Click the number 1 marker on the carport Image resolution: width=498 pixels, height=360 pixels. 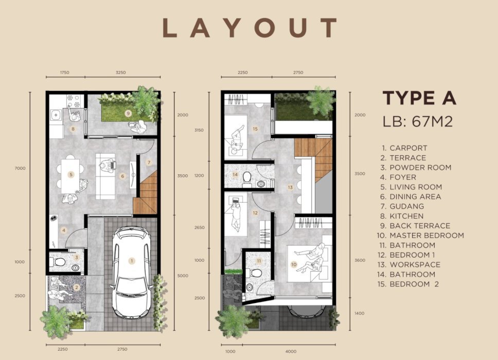tap(132, 261)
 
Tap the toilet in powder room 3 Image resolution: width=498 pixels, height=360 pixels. tap(58, 262)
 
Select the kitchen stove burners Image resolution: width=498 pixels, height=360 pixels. tap(74, 101)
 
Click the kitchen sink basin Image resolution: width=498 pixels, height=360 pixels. tap(56, 114)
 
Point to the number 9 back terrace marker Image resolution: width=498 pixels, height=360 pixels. tap(128, 113)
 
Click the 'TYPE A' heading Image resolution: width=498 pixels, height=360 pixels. tap(419, 98)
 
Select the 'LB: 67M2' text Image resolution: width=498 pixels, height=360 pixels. tap(418, 121)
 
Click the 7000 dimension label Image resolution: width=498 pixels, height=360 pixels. tap(20, 168)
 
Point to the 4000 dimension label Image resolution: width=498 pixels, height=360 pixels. tap(291, 351)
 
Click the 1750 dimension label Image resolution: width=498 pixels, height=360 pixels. tap(64, 73)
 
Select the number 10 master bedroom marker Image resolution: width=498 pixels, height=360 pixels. tap(294, 264)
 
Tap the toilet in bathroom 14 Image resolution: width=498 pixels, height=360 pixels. tap(247, 179)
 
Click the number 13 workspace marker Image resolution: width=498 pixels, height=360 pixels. tap(290, 187)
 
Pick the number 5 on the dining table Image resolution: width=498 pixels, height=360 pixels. tap(71, 175)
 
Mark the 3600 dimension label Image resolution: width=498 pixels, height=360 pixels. tap(360, 260)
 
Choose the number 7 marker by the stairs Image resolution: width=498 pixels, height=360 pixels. tap(149, 163)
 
